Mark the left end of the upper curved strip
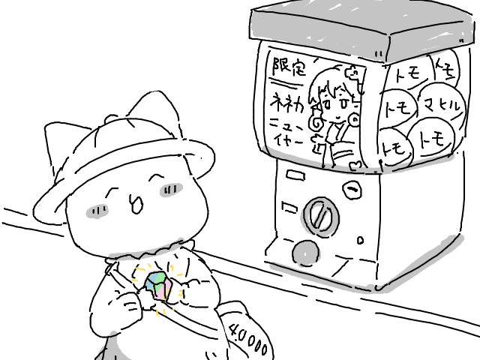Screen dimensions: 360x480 [x=265, y=148]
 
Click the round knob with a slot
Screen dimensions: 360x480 [x=319, y=217]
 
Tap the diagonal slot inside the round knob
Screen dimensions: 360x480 [x=320, y=217]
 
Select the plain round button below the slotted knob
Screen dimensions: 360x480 [x=304, y=253]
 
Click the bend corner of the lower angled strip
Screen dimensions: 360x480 [x=378, y=287]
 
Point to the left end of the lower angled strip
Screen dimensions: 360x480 [x=273, y=265]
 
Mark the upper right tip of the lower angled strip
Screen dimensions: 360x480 [x=460, y=238]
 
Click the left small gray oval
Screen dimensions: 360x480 [x=97, y=211]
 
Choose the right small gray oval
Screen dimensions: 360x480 [x=171, y=190]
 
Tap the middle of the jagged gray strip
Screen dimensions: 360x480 [x=146, y=251]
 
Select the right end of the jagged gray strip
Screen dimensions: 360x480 [x=182, y=241]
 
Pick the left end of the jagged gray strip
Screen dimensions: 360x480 [x=111, y=257]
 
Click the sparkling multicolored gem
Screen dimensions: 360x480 [x=157, y=284]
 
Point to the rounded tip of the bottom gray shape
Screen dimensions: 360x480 [x=112, y=334]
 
